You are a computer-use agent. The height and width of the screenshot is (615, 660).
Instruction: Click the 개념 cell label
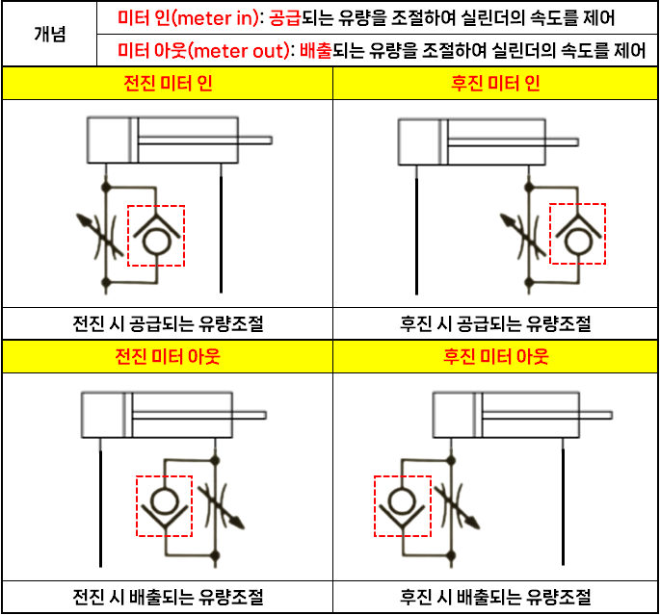[x=49, y=34]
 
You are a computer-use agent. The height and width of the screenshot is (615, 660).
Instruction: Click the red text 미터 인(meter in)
[x=188, y=17]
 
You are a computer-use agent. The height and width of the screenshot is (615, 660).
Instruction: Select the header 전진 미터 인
[x=168, y=84]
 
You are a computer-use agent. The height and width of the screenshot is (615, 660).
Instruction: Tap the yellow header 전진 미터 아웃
[x=168, y=356]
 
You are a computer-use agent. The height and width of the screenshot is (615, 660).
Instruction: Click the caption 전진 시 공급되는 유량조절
[x=168, y=323]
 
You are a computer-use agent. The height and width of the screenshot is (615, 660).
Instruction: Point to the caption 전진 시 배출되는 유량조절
[x=168, y=598]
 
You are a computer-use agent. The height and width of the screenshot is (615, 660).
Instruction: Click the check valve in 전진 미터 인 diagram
[x=155, y=235]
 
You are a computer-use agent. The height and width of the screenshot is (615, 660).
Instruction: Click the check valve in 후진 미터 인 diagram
[x=577, y=234]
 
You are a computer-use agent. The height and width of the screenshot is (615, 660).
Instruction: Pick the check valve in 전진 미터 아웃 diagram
[x=165, y=505]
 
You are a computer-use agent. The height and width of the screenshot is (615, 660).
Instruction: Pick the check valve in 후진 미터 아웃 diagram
[x=402, y=505]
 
